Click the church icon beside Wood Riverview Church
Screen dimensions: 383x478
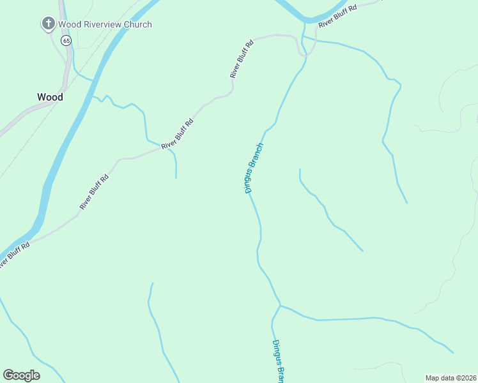[48, 24]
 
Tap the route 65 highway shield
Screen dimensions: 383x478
[66, 40]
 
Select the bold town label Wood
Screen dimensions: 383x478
[50, 97]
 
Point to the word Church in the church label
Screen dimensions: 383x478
[138, 25]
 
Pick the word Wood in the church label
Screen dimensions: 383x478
[69, 25]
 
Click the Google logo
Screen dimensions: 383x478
[21, 375]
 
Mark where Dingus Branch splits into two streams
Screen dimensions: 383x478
[280, 305]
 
